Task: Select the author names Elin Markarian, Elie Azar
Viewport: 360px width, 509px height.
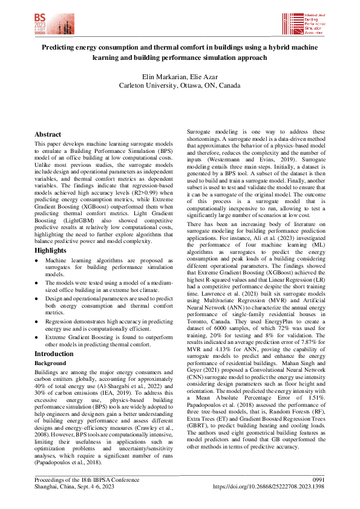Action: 180,77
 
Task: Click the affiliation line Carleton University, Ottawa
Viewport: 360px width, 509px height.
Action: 180,86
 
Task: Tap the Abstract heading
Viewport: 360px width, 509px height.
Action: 48,134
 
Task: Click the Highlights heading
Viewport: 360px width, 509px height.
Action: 50,250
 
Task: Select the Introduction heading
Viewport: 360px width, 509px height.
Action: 54,354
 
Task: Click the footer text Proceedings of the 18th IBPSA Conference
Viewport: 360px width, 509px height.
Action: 86,479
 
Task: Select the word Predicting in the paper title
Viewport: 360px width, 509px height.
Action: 61,47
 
